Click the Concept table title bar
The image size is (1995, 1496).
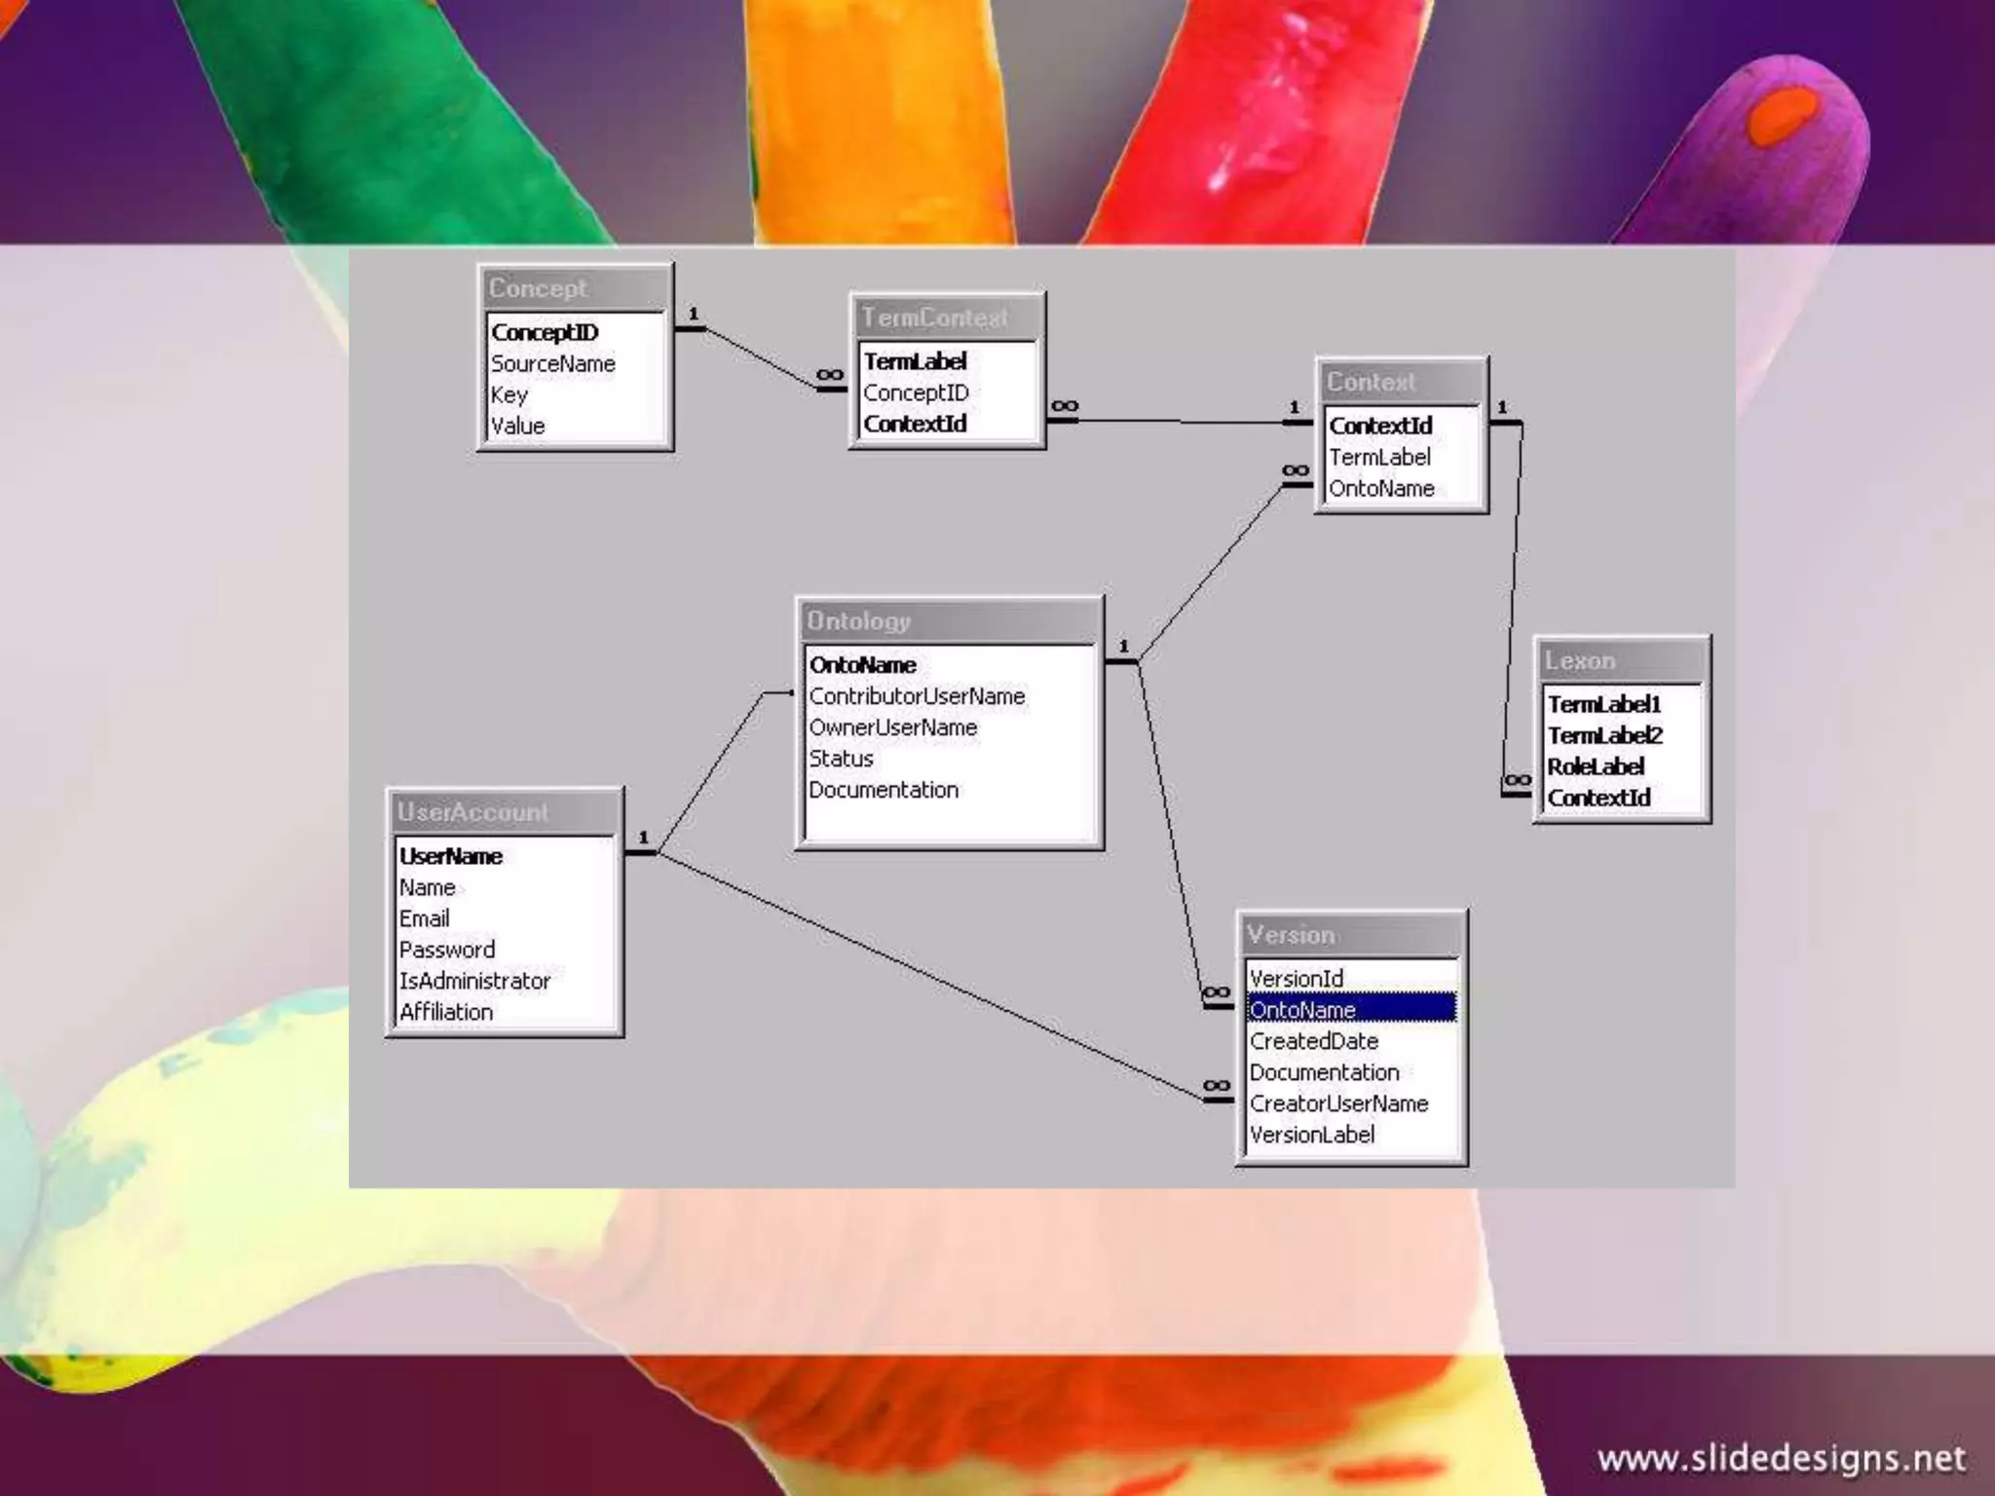pos(574,288)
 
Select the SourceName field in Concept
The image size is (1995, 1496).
pos(553,364)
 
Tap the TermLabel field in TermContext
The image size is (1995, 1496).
pos(915,362)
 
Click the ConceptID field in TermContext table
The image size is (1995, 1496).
pos(916,393)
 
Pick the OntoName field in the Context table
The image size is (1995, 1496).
pos(1381,489)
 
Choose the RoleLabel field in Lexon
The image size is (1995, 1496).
pos(1596,767)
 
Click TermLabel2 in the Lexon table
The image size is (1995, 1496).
pos(1605,736)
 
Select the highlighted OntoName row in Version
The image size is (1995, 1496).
pos(1351,1010)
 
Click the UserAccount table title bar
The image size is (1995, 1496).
pos(504,812)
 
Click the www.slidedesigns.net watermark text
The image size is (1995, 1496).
pos(1781,1458)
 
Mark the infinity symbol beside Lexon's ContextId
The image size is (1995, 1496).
pos(1517,781)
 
